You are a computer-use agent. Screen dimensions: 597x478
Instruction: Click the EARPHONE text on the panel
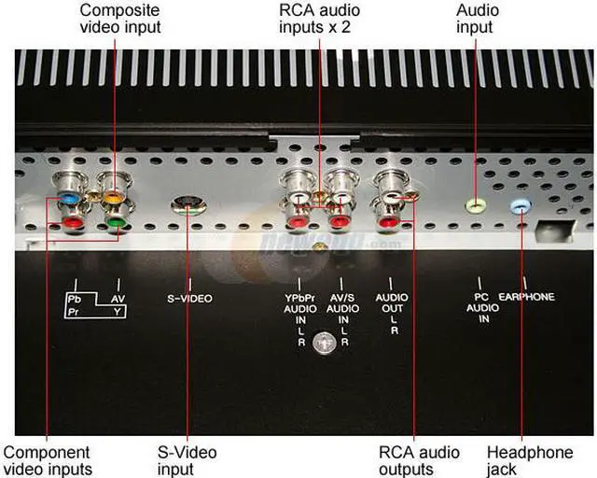527,298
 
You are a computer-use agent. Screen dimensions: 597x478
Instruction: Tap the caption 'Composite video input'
119,19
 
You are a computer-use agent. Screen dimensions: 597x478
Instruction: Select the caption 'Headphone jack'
530,460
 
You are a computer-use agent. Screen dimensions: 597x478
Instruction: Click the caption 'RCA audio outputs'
419,460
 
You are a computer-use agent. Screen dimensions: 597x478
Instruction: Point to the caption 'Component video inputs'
46,460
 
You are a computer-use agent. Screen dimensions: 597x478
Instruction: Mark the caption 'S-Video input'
187,460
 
